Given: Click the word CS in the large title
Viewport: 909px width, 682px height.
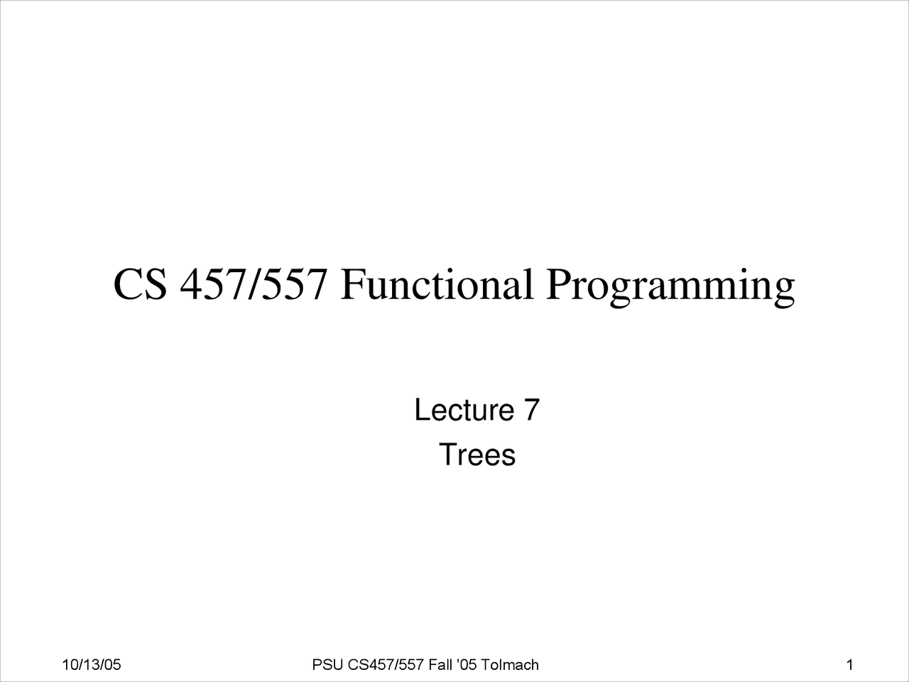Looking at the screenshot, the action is point(141,284).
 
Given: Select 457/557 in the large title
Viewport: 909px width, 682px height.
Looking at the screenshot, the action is point(254,284).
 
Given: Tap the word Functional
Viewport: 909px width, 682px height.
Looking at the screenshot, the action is point(437,284).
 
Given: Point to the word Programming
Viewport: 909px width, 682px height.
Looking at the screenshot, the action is point(670,288).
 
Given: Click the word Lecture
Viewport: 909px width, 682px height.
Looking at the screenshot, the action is point(464,409).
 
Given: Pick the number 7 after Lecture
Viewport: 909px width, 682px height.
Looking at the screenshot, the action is point(532,409).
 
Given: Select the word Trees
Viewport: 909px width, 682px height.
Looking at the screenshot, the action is point(477,455).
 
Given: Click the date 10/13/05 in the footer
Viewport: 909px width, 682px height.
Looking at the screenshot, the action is point(92,665).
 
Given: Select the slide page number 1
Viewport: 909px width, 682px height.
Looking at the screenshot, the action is point(849,665).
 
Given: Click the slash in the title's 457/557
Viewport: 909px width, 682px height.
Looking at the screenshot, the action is point(254,284).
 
